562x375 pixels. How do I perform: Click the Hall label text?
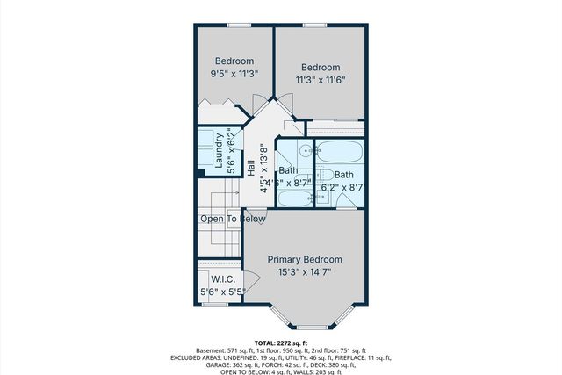[x=251, y=181]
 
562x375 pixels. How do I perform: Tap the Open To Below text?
[x=233, y=219]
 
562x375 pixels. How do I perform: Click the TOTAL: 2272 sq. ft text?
[x=281, y=343]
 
